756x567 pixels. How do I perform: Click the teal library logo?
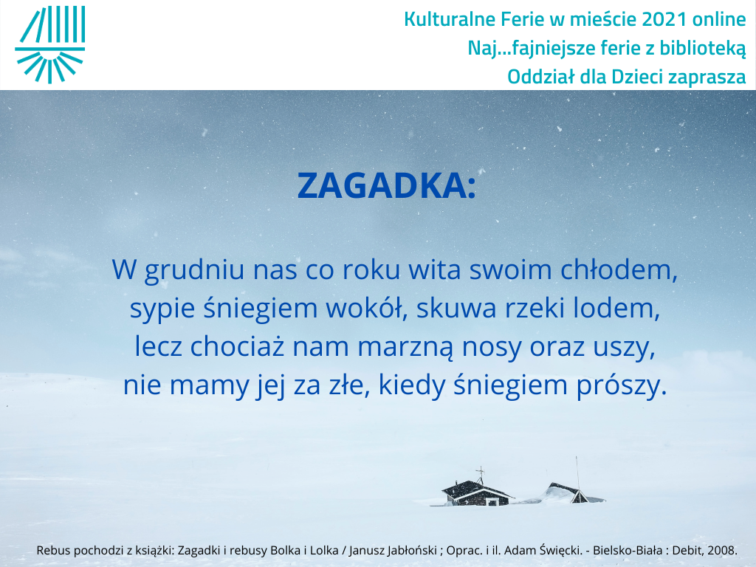[x=50, y=44]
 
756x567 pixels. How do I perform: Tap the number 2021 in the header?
[x=664, y=19]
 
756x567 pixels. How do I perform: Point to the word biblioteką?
[x=703, y=48]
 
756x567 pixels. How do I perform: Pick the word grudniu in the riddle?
[x=194, y=270]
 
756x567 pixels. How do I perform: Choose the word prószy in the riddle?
[x=622, y=385]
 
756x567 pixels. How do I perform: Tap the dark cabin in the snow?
[x=476, y=492]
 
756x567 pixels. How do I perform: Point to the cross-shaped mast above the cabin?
[x=480, y=475]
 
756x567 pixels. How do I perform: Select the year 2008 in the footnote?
[x=722, y=550]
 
